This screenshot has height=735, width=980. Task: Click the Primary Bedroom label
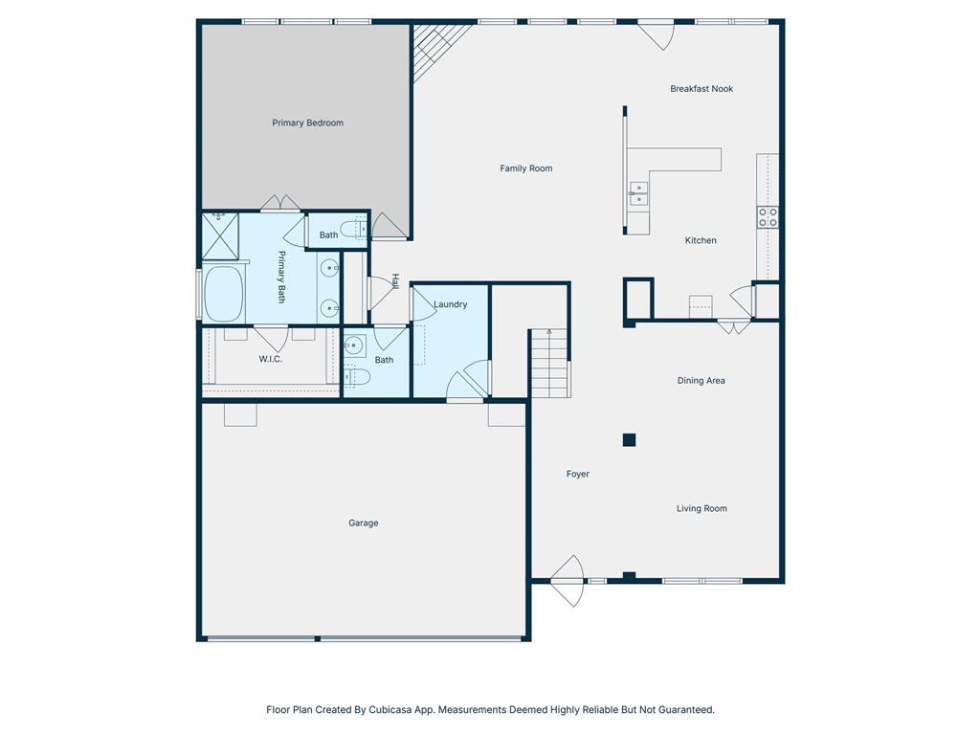[307, 122]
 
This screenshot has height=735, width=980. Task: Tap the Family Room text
[525, 168]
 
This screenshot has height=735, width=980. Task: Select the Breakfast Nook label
[701, 89]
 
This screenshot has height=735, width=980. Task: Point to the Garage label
[363, 523]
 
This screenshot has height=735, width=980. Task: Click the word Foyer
[577, 475]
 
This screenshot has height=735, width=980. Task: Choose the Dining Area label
[701, 381]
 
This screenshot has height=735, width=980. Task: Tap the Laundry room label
[450, 305]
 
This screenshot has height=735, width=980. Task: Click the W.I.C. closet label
[270, 360]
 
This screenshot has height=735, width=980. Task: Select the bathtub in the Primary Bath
[224, 294]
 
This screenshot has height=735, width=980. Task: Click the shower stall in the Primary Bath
[219, 236]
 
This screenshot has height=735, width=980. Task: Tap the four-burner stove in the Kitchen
[768, 217]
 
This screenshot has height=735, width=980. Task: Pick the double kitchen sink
[638, 193]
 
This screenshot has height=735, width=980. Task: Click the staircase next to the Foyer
[549, 364]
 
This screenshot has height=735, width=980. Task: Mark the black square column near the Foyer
[629, 440]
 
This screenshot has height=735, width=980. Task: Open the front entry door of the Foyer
[568, 581]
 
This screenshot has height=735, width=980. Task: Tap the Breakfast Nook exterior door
[657, 34]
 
